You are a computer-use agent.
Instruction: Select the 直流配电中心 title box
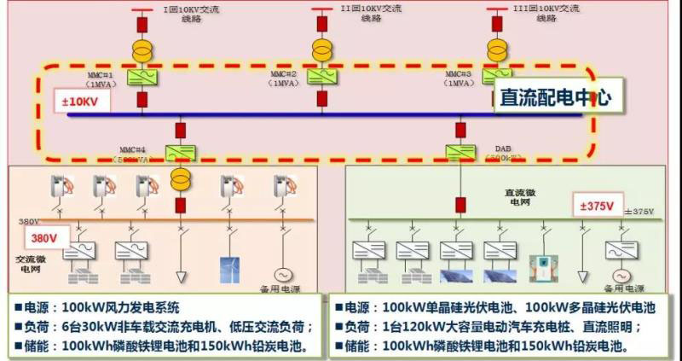[x=555, y=97]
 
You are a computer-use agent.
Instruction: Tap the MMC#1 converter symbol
[x=140, y=78]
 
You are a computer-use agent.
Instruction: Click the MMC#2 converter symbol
[x=322, y=78]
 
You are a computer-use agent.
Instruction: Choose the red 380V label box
[x=46, y=238]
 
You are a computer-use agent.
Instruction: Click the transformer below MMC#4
[x=181, y=179]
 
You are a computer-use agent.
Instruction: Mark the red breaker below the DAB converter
[x=460, y=206]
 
